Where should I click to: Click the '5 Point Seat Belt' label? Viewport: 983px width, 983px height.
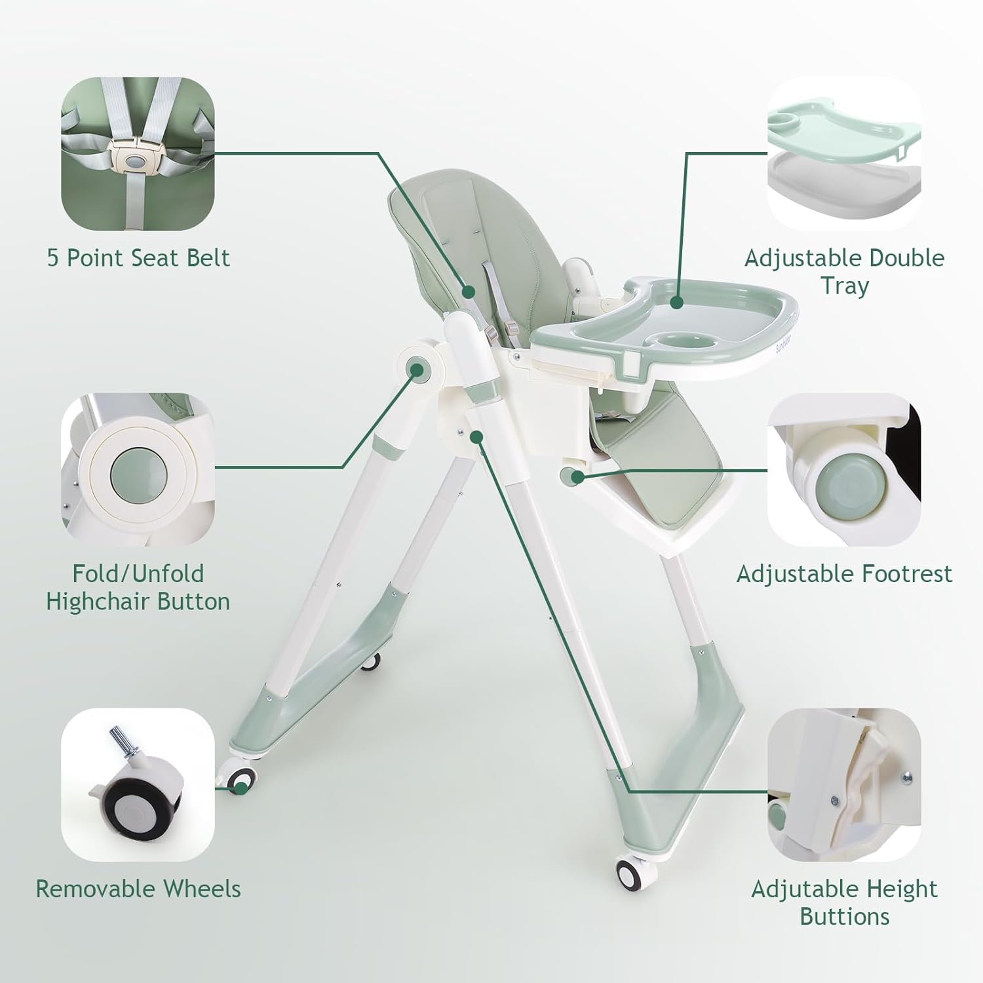[138, 258]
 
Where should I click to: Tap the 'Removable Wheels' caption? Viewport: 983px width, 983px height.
[138, 889]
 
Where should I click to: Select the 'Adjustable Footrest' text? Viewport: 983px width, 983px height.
[844, 573]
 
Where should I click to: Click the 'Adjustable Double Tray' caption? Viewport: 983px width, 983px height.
[844, 271]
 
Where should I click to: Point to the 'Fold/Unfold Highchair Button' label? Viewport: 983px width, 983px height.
[138, 587]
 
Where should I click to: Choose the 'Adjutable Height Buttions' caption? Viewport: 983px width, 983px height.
[844, 902]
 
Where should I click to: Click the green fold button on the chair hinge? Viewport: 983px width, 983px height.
[417, 370]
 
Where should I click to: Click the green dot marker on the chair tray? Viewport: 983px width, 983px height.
[678, 301]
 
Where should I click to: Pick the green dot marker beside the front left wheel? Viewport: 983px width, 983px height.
[241, 788]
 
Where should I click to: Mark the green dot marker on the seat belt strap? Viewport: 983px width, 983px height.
[469, 292]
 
